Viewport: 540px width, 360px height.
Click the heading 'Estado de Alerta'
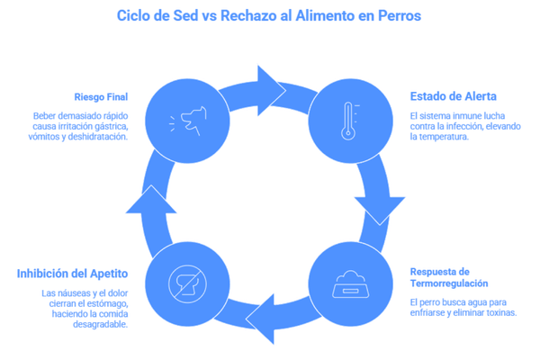(441, 95)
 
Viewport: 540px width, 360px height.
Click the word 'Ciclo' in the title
(133, 16)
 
